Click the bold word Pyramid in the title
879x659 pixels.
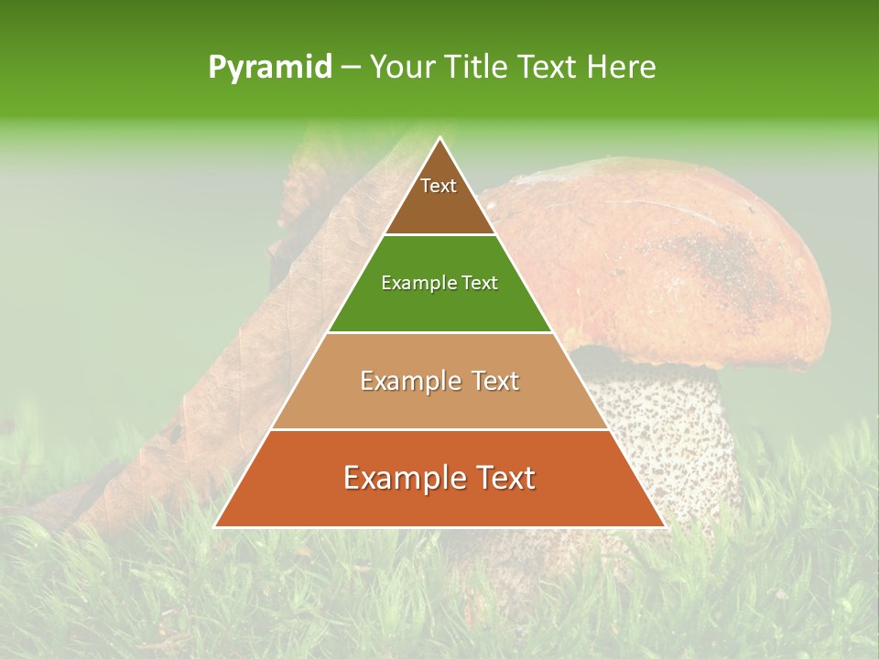pos(270,68)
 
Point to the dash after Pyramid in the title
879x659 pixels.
pos(351,68)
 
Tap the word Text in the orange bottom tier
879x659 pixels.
pos(500,479)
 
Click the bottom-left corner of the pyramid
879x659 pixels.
pos(216,525)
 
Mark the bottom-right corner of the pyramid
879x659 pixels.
pos(664,525)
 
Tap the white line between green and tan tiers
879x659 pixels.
pos(439,332)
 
